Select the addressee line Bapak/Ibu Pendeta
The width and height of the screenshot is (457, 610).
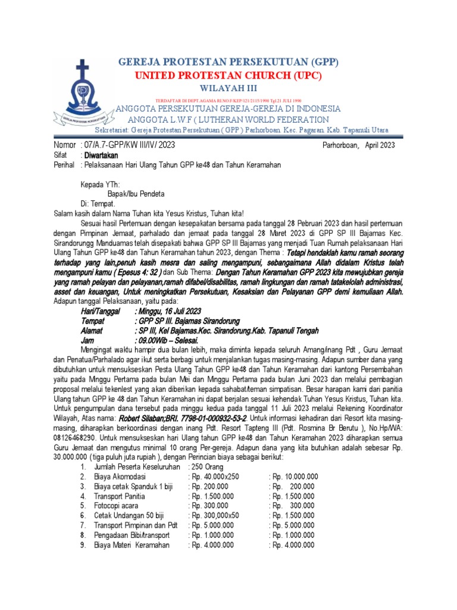tap(136, 194)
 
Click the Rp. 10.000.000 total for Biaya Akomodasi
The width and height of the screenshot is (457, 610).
tap(294, 478)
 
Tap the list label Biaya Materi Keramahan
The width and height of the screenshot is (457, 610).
tap(132, 544)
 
